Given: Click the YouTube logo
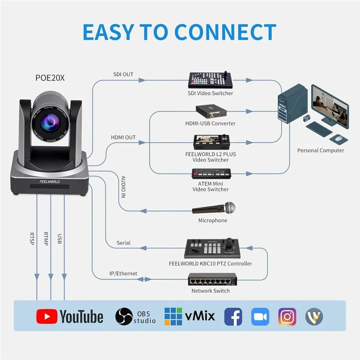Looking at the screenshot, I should [x=70, y=317].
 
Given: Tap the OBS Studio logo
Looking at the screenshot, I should [x=135, y=316].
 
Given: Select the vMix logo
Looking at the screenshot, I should [x=189, y=316].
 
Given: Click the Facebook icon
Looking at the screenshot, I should [x=233, y=317].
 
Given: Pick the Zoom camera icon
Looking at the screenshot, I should [x=260, y=317].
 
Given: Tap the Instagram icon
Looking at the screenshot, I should [x=287, y=317].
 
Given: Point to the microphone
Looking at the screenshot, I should [x=214, y=208].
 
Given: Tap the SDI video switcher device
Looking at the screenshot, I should [x=210, y=80].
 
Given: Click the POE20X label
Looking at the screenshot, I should [x=50, y=77].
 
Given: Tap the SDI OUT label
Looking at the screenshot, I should [x=122, y=74].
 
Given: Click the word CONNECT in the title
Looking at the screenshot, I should [x=225, y=32].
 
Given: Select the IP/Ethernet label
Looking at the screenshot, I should [x=123, y=274].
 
